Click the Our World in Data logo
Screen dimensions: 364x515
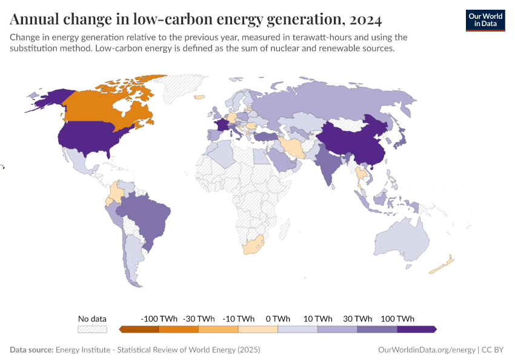click(485, 20)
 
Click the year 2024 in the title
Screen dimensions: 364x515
click(366, 19)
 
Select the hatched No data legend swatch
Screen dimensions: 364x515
click(92, 329)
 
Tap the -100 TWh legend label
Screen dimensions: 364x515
click(159, 318)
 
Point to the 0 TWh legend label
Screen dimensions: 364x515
click(278, 318)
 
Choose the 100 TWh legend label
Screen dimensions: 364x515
click(397, 318)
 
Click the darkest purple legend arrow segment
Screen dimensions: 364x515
click(416, 329)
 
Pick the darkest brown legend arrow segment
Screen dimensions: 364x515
click(139, 329)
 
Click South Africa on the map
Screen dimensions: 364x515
click(254, 245)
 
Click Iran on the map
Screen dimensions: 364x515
click(293, 147)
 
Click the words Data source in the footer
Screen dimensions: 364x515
click(31, 350)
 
